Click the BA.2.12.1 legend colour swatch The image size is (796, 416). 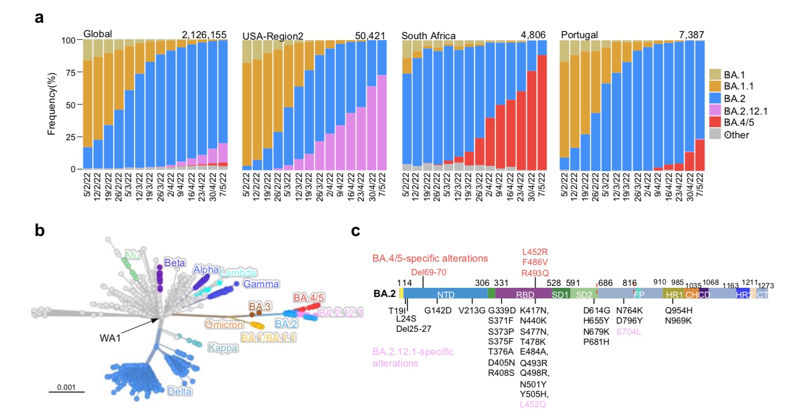click(715, 111)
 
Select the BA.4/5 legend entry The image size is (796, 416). click(738, 122)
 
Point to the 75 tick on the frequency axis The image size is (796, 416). click(70, 73)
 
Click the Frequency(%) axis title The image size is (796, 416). click(52, 104)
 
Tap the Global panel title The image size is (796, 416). click(97, 34)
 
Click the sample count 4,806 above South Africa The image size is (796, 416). click(532, 35)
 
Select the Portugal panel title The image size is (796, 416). click(579, 35)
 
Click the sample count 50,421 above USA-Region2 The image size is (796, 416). click(370, 36)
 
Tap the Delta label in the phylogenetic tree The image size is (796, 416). click(179, 391)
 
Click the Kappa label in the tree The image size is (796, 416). click(223, 348)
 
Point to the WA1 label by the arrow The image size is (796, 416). click(110, 338)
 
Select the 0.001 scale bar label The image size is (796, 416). click(66, 387)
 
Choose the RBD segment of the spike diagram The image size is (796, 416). click(525, 295)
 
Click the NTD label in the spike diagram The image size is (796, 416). click(445, 295)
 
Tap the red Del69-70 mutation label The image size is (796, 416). click(428, 272)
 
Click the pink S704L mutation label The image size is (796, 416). click(628, 332)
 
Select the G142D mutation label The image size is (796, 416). click(438, 311)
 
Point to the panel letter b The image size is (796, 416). click(40, 231)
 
